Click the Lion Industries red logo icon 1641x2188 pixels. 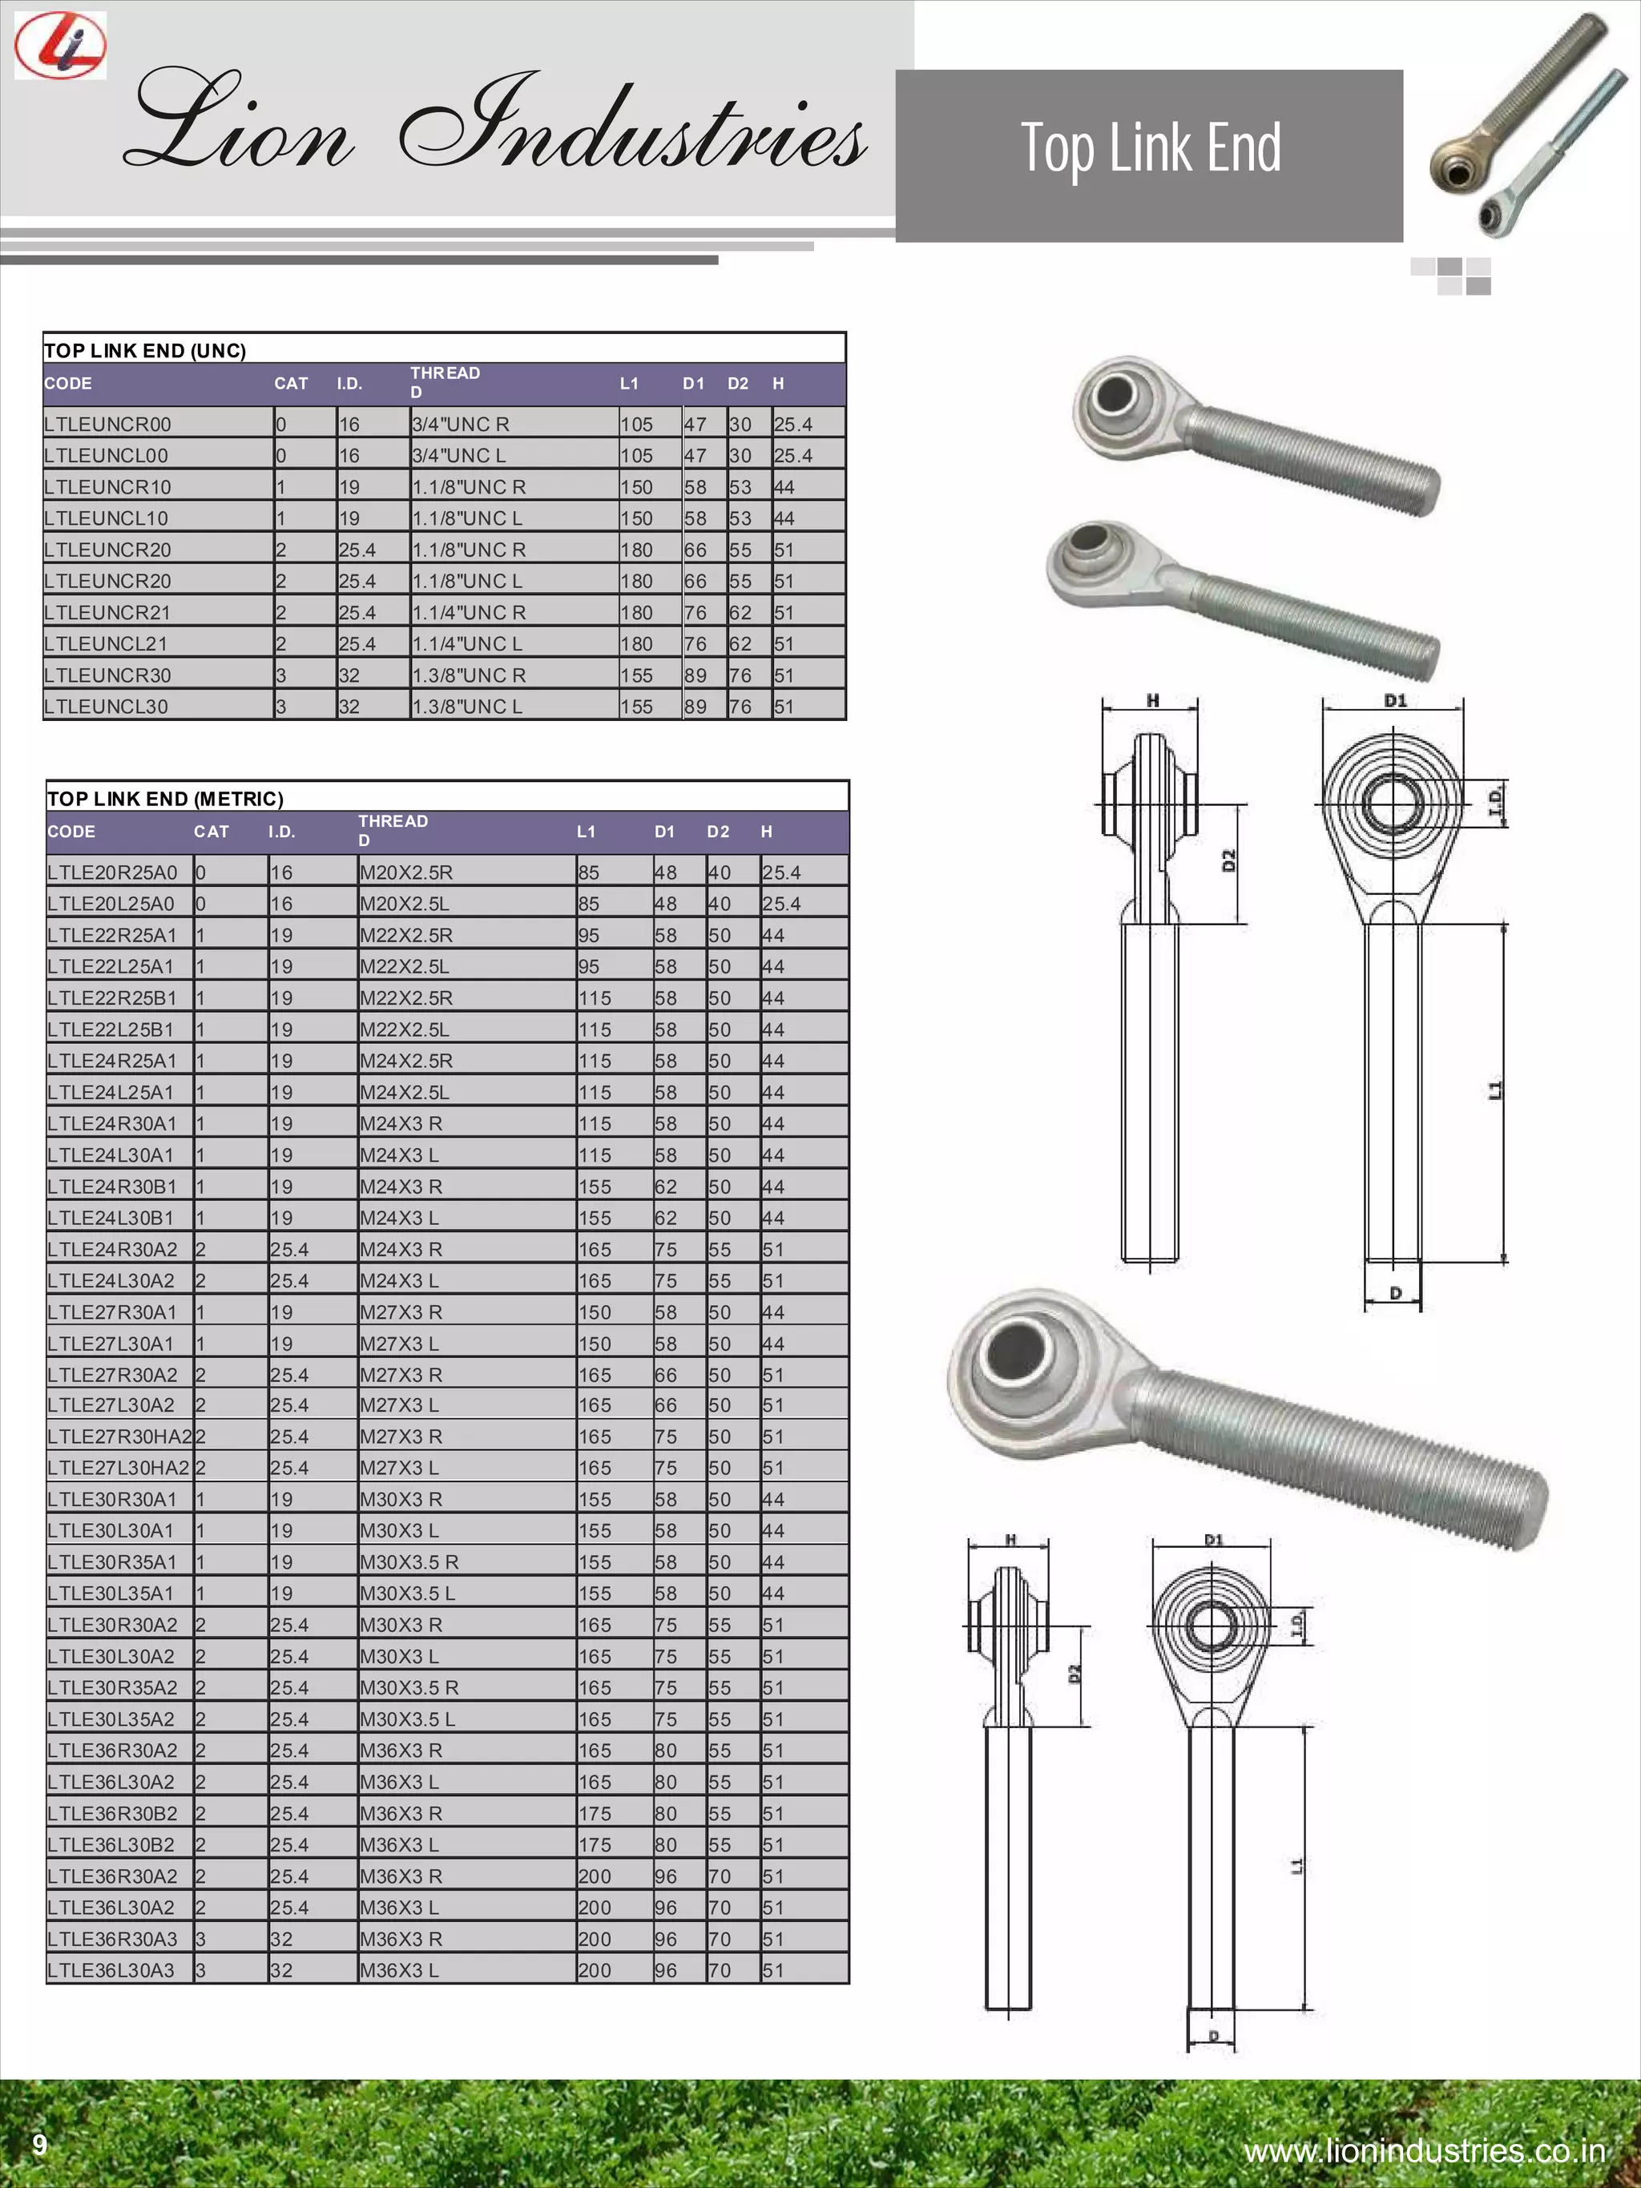pos(60,46)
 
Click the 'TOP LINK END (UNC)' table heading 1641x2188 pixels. pos(145,350)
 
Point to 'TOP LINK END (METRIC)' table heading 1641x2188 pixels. pos(165,798)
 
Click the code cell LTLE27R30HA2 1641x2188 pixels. pos(119,1437)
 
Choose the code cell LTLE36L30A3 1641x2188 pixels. pos(111,1970)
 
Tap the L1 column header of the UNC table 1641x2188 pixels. pos(629,384)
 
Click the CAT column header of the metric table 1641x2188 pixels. pos(212,832)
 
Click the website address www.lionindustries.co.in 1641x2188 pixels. pos(1425,2150)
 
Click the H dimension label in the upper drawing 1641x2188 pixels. pos(1152,700)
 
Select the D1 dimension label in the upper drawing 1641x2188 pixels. pos(1395,700)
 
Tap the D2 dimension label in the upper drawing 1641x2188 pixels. pos(1229,860)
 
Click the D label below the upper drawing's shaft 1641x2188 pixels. pos(1395,1293)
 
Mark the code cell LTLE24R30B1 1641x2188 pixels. pos(111,1186)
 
